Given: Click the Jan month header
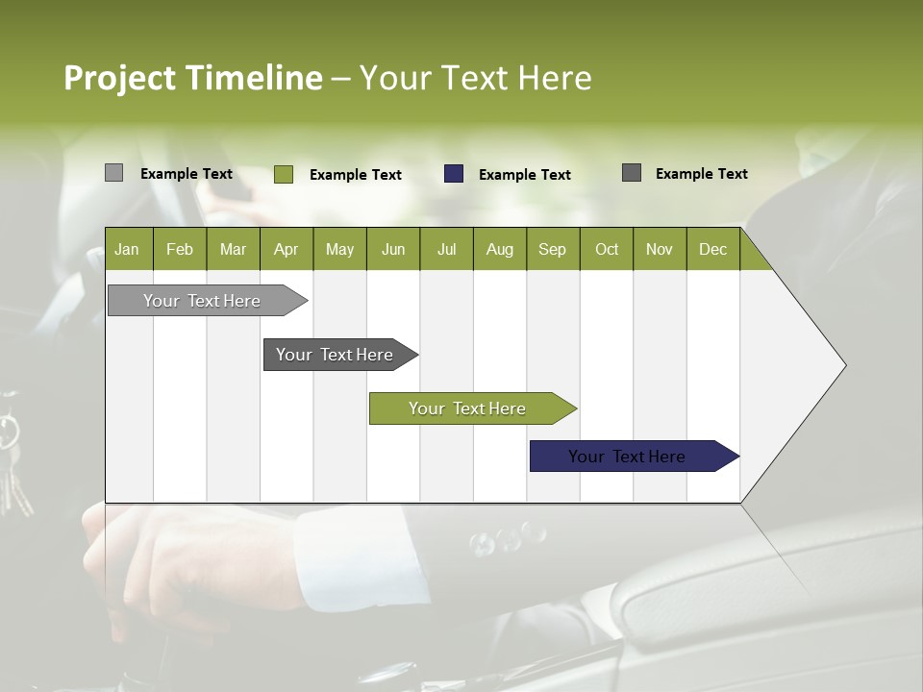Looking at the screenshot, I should pyautogui.click(x=127, y=250).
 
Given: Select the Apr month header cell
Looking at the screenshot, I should pyautogui.click(x=287, y=250).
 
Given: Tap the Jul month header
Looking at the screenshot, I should pyautogui.click(x=446, y=250).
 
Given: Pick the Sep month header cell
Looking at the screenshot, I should pyautogui.click(x=552, y=250).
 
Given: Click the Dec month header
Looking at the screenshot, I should pyautogui.click(x=712, y=250).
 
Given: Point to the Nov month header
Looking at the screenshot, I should pyautogui.click(x=660, y=250).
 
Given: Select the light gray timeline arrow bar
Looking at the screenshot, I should pyautogui.click(x=203, y=301).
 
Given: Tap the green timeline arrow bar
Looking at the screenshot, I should pyautogui.click(x=467, y=408).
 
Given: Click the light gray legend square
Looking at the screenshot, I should pyautogui.click(x=113, y=173).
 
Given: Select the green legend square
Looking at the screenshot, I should pyautogui.click(x=283, y=174).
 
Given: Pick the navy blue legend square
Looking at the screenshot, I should pyautogui.click(x=454, y=174).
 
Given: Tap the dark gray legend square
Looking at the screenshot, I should pyautogui.click(x=632, y=173).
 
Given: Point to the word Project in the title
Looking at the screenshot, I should pyautogui.click(x=120, y=78).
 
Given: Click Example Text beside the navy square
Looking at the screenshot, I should pyautogui.click(x=524, y=175).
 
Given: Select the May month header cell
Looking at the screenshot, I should pyautogui.click(x=339, y=250).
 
